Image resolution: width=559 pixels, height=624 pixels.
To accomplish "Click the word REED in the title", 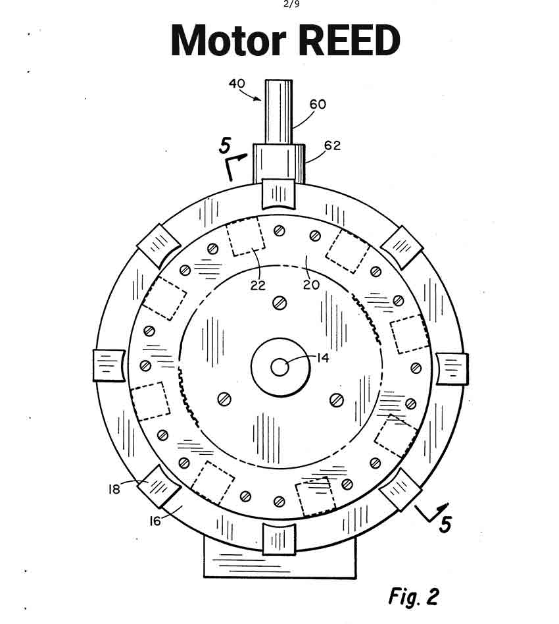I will click(349, 41).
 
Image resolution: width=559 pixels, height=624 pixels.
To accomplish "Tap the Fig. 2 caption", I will click(413, 596).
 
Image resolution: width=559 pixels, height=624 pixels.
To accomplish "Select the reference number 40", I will click(237, 84).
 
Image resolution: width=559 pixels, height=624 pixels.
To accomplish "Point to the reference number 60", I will click(317, 104).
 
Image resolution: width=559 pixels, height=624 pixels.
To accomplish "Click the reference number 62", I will click(332, 145).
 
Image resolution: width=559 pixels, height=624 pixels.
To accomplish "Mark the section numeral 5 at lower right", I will click(445, 525).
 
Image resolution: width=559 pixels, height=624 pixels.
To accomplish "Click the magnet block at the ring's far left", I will click(109, 365).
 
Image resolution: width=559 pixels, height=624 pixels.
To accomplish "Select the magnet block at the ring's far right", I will click(452, 369).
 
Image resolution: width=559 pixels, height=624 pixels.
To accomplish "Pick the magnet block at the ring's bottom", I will click(279, 540).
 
